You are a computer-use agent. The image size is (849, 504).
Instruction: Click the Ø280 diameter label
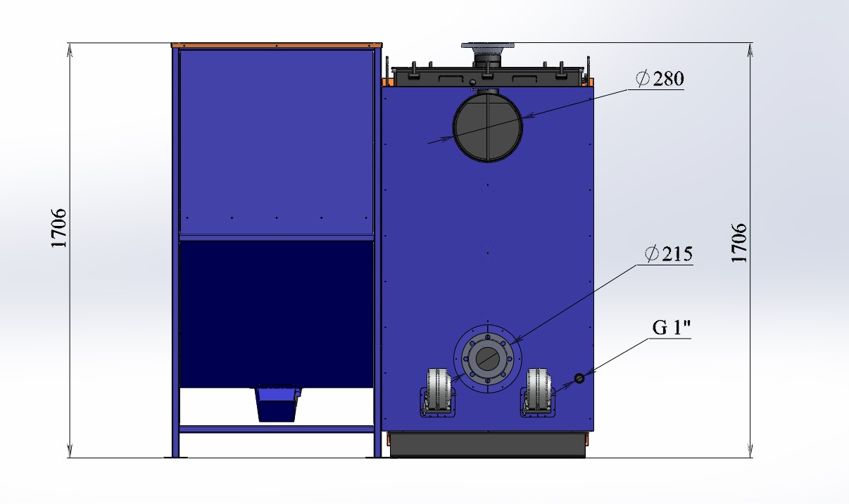tap(660, 79)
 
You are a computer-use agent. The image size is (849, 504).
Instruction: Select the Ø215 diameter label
tap(669, 254)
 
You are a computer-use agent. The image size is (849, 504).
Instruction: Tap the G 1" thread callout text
tap(671, 328)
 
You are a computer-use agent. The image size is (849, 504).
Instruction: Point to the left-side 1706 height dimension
tap(58, 228)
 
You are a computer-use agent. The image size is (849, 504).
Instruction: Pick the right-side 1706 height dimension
tap(738, 243)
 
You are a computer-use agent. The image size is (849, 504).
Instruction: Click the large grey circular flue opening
tap(487, 127)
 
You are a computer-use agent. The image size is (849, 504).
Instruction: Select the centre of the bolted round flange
tap(487, 358)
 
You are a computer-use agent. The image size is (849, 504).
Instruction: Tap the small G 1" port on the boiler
tap(579, 378)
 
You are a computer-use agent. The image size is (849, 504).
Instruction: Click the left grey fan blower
tap(438, 392)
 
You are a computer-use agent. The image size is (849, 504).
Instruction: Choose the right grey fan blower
tap(538, 392)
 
